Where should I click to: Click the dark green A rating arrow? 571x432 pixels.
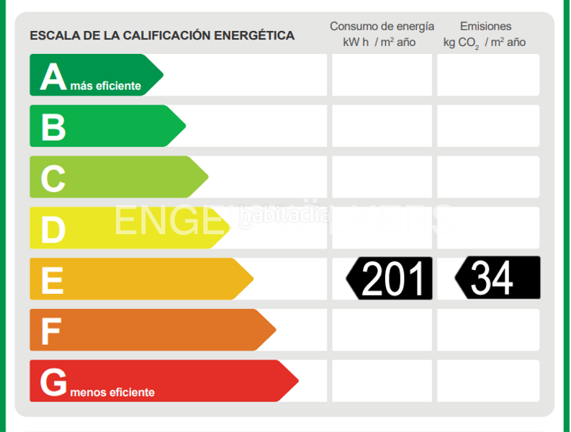pyautogui.click(x=94, y=75)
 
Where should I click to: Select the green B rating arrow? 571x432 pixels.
pyautogui.click(x=104, y=126)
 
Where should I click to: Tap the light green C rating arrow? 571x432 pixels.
pyautogui.click(x=115, y=177)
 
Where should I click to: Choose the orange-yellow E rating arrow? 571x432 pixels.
pyautogui.click(x=137, y=279)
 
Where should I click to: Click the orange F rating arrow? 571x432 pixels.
pyautogui.click(x=148, y=330)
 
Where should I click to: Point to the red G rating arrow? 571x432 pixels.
pyautogui.click(x=158, y=381)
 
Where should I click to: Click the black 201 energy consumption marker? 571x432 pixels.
pyautogui.click(x=391, y=278)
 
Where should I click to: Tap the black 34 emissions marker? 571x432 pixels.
pyautogui.click(x=498, y=277)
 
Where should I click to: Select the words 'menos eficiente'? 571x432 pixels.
pyautogui.click(x=113, y=393)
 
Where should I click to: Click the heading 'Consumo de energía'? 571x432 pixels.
pyautogui.click(x=382, y=27)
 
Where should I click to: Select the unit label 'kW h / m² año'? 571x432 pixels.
pyautogui.click(x=379, y=42)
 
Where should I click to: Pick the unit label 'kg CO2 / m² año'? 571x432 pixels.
pyautogui.click(x=485, y=42)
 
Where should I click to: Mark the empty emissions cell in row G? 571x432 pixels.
pyautogui.click(x=488, y=381)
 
